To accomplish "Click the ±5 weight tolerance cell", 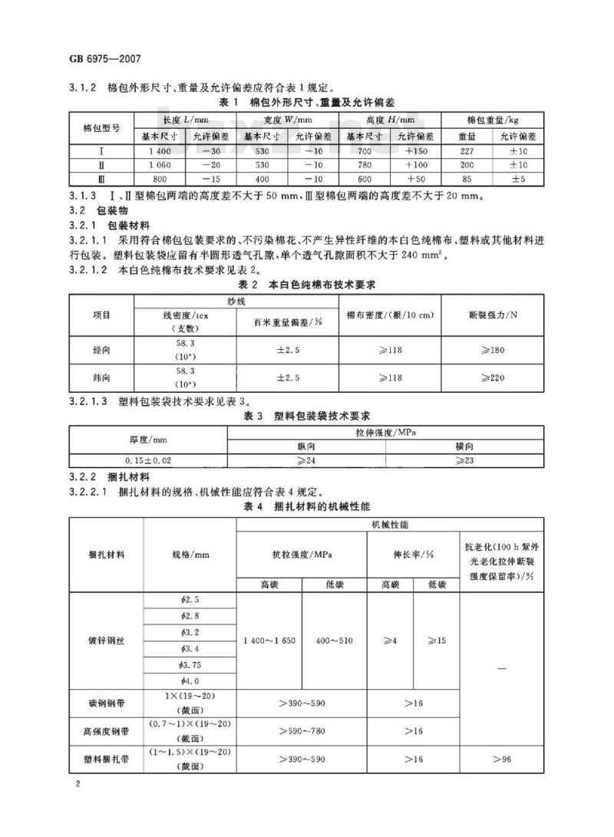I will click(x=518, y=179).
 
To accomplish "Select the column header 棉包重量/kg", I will click(x=493, y=121).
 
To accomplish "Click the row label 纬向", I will click(x=101, y=378).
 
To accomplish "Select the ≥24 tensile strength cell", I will click(x=306, y=460).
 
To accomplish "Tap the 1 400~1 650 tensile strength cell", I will click(x=269, y=641).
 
